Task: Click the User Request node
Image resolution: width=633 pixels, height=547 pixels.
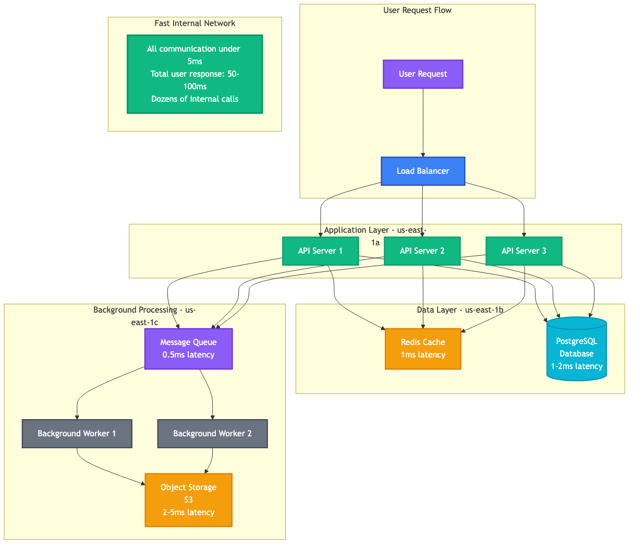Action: point(423,74)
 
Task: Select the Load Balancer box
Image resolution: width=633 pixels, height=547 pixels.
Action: point(423,171)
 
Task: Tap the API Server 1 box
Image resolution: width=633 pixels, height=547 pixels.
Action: point(320,251)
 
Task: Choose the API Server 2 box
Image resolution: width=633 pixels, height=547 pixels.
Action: point(422,251)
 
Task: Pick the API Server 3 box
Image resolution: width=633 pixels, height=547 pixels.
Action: point(524,251)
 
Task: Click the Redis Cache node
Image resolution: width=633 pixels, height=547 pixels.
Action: point(423,349)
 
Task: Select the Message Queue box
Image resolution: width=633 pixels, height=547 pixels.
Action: point(188,349)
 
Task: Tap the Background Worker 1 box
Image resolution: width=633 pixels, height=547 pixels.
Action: point(77,434)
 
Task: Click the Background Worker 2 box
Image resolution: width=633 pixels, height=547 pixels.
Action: point(212,434)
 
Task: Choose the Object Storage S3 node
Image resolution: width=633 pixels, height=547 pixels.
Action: point(188,500)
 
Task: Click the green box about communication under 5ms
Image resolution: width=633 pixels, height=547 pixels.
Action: point(194,74)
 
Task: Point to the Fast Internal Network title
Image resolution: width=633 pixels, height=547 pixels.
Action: point(194,23)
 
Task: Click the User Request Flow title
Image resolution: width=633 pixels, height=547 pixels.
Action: point(417,10)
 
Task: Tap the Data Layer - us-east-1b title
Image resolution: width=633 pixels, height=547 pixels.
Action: point(460,310)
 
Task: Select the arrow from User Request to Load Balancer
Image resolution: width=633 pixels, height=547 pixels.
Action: point(423,123)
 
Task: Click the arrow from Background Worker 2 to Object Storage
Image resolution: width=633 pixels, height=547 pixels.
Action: point(211,459)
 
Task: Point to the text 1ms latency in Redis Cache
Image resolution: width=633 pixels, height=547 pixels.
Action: point(423,355)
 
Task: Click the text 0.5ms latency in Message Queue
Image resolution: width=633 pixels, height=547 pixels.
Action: point(188,355)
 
